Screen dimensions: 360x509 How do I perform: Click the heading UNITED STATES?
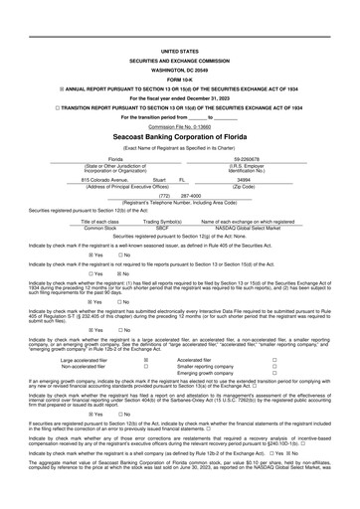179,50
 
